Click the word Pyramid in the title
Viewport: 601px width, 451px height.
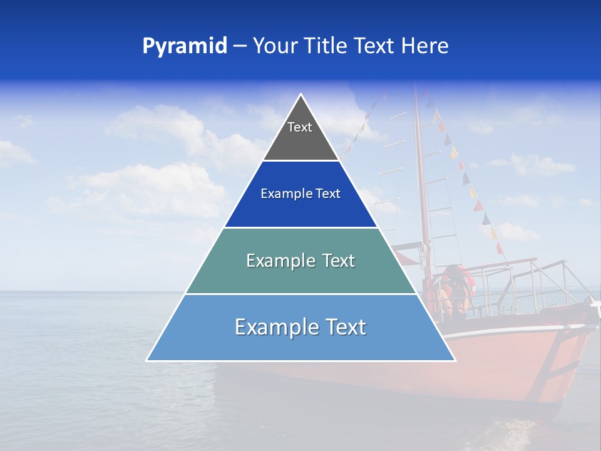(185, 46)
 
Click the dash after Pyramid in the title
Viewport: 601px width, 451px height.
(240, 46)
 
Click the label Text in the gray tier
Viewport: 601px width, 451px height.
(299, 127)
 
